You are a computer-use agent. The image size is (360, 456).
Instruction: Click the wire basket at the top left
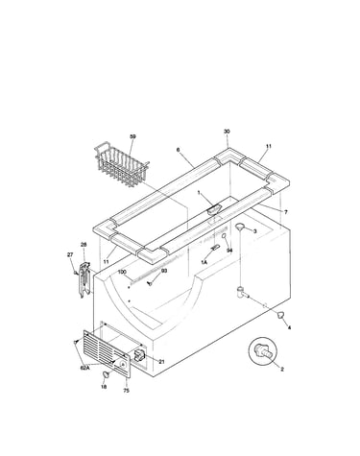tap(121, 165)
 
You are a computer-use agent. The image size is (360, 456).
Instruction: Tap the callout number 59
tap(132, 136)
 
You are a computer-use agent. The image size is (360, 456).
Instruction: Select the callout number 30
tap(227, 132)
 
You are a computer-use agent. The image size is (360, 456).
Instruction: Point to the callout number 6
tap(178, 150)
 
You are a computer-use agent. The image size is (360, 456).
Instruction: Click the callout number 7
tap(286, 212)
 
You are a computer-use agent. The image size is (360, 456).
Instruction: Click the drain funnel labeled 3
tap(240, 227)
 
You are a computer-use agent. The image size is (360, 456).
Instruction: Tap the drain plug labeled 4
tap(281, 315)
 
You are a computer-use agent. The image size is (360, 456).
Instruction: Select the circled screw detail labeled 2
tap(263, 351)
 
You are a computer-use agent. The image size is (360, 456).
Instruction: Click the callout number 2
tap(282, 370)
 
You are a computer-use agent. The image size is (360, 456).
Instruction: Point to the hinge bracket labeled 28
tap(84, 279)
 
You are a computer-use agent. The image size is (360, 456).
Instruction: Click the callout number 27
tap(70, 254)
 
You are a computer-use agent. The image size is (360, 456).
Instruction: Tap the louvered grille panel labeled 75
tap(107, 353)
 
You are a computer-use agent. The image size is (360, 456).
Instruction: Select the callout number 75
tap(127, 391)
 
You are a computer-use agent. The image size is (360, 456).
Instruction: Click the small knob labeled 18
tap(106, 374)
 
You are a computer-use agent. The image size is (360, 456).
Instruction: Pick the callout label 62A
tap(84, 368)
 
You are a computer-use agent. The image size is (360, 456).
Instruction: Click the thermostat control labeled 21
tap(139, 354)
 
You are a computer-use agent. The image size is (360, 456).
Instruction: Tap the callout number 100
tap(122, 272)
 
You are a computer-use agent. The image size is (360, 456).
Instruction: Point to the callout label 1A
tap(204, 262)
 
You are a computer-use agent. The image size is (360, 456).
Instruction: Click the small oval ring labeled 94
tap(225, 236)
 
